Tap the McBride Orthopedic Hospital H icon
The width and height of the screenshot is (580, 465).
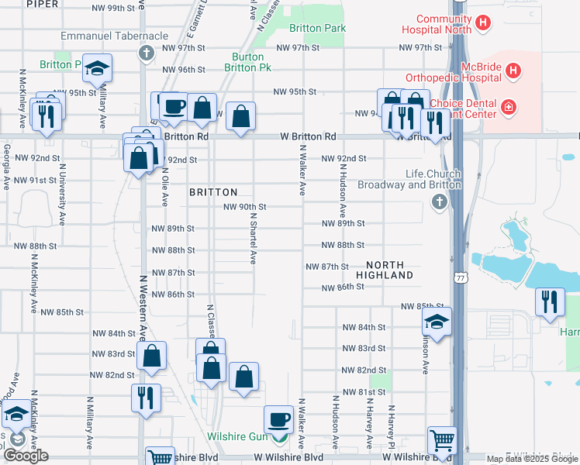pos(513,71)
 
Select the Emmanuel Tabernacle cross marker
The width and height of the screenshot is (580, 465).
pos(146,53)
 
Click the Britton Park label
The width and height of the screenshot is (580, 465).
pos(317,28)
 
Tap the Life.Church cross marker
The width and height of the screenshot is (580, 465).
pos(439,203)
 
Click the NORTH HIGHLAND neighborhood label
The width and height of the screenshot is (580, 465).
pos(385,270)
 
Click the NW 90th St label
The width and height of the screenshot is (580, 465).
pos(245,207)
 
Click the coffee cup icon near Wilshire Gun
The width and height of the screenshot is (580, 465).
pos(279,419)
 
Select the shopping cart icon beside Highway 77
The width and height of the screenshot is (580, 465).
pos(442,440)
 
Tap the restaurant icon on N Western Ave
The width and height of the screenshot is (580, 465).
pos(146,398)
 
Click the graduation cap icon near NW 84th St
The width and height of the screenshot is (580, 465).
pos(437,322)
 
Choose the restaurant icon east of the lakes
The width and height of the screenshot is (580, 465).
pos(550,301)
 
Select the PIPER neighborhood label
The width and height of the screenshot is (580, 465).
pos(42,4)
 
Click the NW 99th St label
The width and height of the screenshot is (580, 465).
pos(113,8)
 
